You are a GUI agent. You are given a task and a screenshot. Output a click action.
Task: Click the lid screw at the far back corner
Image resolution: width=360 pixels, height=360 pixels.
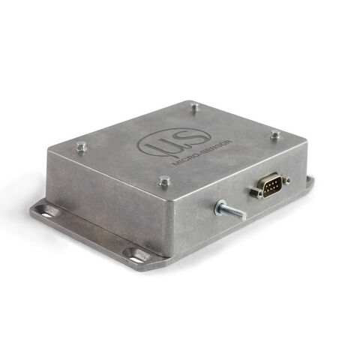coord(194,107)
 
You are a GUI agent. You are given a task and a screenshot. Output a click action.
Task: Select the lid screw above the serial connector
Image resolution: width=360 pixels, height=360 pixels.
coord(275,135)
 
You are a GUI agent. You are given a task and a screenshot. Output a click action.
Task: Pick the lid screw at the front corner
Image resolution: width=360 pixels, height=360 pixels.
coord(164,181)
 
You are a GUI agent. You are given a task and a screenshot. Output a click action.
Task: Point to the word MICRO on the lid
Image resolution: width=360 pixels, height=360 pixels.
coord(185,158)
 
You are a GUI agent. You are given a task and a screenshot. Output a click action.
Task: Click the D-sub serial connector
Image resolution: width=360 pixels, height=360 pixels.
coord(270,184)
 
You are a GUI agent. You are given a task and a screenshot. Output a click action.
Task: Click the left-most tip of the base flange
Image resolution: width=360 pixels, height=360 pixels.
coord(31,212)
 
